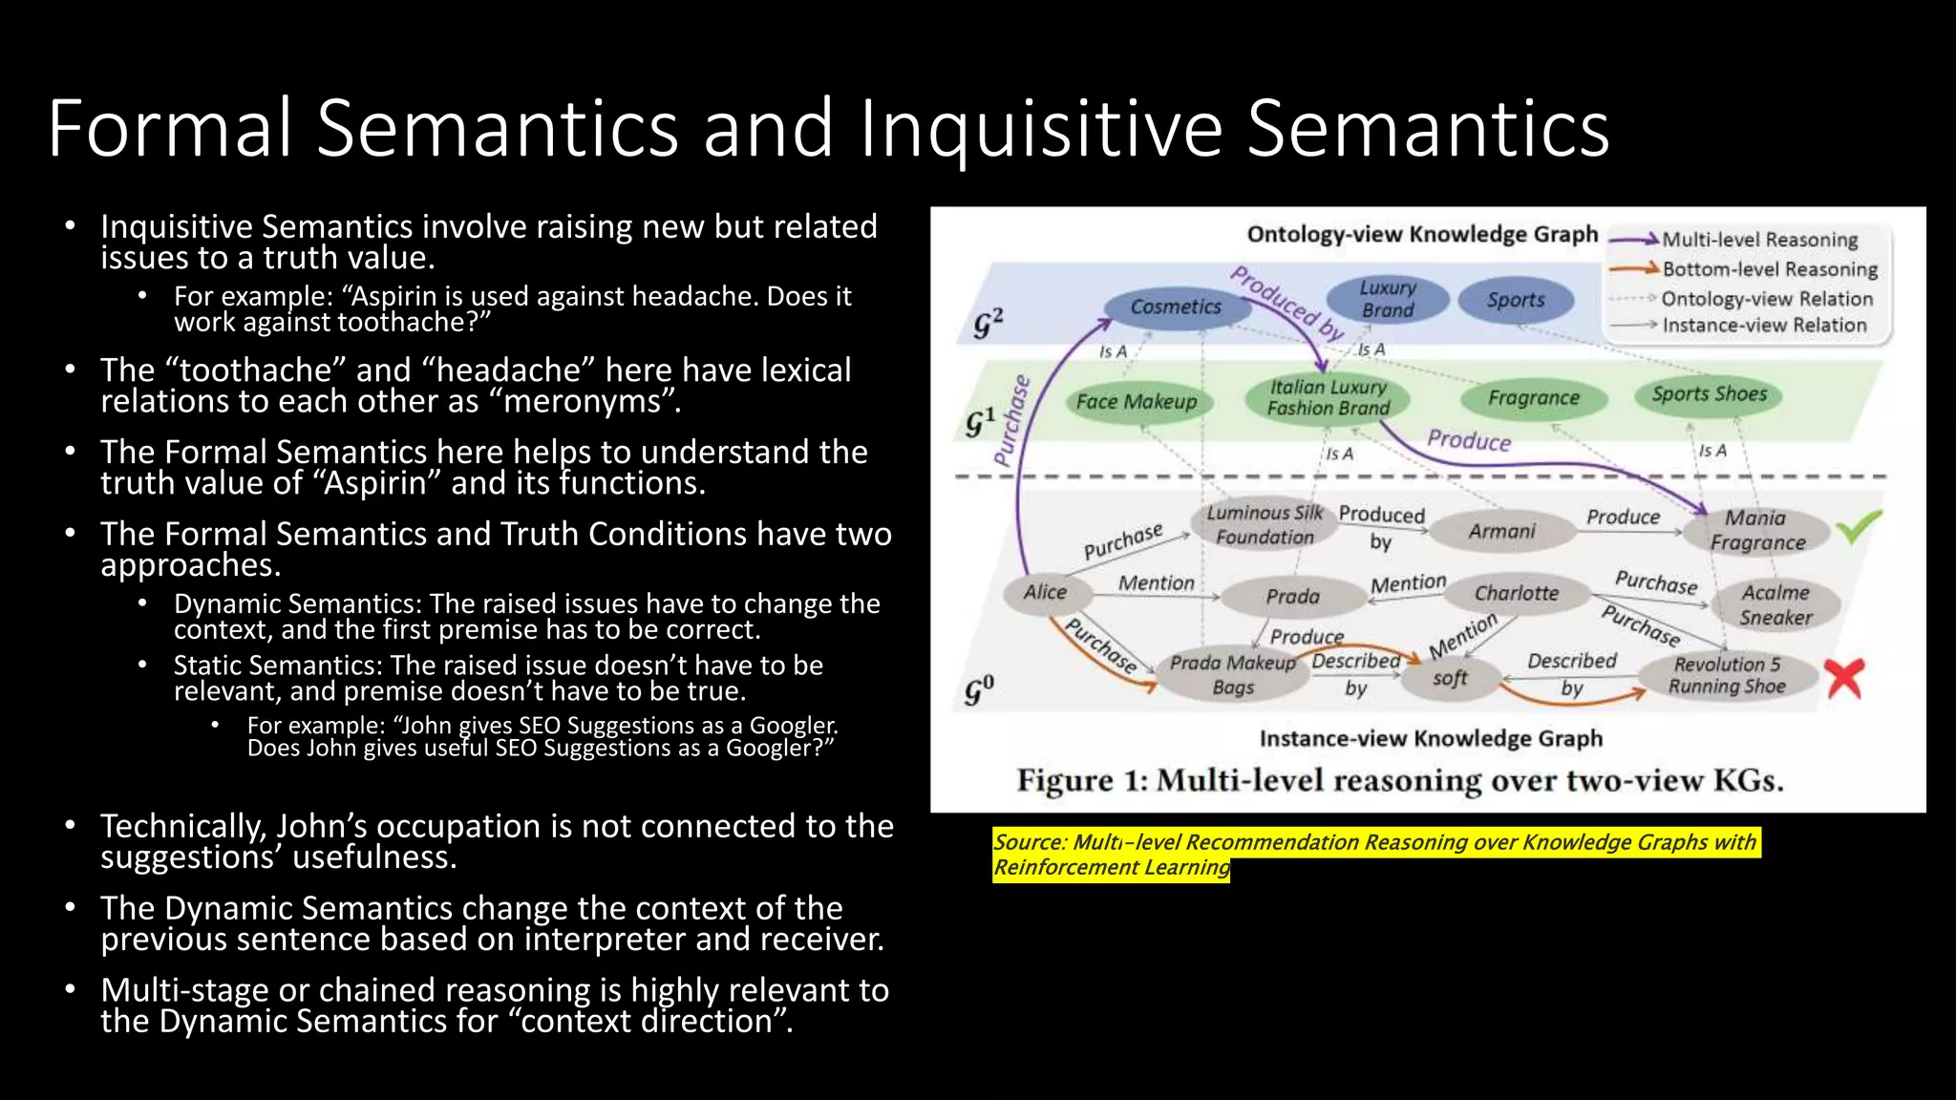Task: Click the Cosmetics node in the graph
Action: click(x=1176, y=307)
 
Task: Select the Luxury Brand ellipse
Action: click(x=1388, y=299)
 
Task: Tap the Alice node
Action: click(x=1045, y=592)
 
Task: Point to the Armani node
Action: click(x=1501, y=531)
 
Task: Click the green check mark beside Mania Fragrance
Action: click(x=1858, y=526)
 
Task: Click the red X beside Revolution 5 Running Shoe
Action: click(x=1844, y=678)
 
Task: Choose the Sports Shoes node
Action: click(x=1709, y=394)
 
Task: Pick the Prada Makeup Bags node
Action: click(x=1232, y=674)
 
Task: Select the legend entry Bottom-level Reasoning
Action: click(x=1769, y=269)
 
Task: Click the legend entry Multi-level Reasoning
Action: click(x=1759, y=240)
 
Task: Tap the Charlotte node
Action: click(x=1516, y=593)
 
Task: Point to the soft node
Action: click(x=1450, y=678)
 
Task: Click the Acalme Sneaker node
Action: click(x=1775, y=604)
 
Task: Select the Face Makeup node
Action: click(x=1136, y=402)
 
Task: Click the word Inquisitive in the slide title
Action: click(x=1039, y=129)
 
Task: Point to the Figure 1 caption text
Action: click(x=1399, y=780)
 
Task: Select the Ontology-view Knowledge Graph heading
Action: click(x=1421, y=234)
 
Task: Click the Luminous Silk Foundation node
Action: click(x=1264, y=525)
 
